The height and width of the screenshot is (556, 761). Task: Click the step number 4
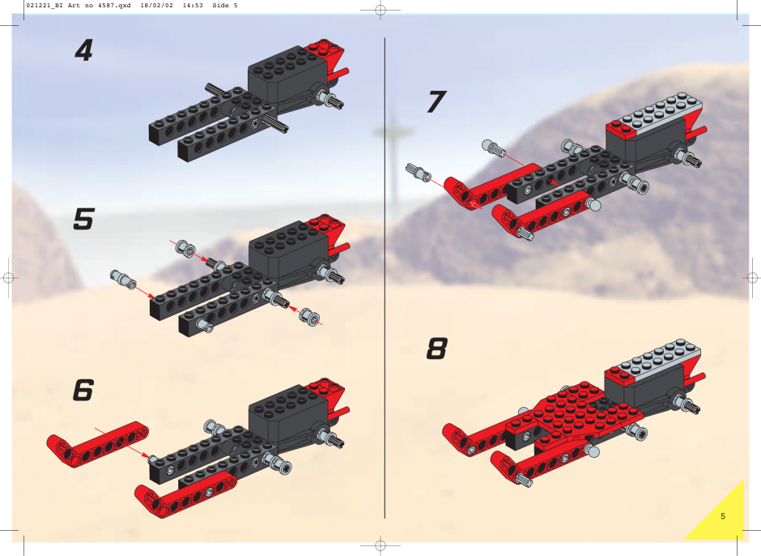84,50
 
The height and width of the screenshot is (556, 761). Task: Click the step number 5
83,219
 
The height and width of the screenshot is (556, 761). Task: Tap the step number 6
83,390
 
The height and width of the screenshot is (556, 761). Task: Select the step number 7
436,101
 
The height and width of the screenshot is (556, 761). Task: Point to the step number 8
436,349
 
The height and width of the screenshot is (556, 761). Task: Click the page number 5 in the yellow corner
723,516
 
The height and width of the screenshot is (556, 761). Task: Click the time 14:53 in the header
193,6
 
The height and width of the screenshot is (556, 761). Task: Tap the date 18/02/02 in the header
156,6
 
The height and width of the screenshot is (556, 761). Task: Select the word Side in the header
221,6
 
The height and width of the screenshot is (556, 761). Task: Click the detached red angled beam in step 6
97,443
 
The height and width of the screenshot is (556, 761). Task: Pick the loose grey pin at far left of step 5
123,279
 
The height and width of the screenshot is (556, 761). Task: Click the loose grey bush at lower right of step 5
309,317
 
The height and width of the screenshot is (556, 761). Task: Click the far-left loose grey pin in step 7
419,172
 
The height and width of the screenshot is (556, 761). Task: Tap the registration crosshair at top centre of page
380,10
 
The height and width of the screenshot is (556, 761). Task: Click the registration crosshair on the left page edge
8,278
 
